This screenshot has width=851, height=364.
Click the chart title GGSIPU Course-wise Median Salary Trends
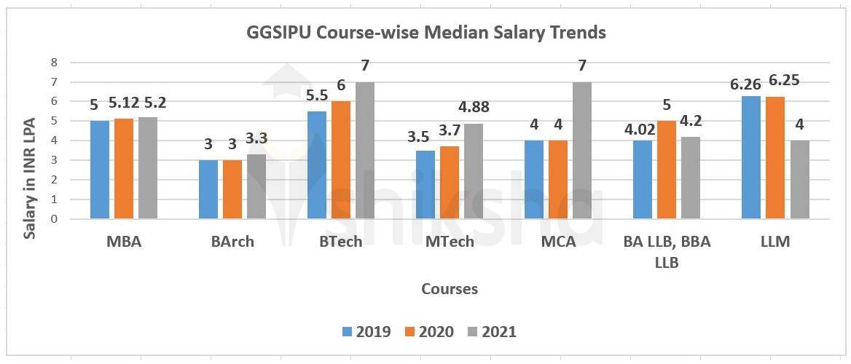point(425,33)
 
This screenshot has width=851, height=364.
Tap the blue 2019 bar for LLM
point(751,157)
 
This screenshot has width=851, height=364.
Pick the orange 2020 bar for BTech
point(341,160)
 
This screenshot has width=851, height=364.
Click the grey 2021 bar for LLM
point(799,179)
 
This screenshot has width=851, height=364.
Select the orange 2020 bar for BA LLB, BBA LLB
point(667,170)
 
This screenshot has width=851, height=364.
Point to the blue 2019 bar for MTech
point(426,184)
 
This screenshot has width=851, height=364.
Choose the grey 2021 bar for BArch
point(256,186)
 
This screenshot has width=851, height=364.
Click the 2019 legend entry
point(366,332)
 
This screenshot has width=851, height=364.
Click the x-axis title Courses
point(450,289)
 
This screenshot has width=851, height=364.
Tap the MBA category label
point(123,242)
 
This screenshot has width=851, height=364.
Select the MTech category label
point(450,242)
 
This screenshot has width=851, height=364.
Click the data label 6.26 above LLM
point(747,84)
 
